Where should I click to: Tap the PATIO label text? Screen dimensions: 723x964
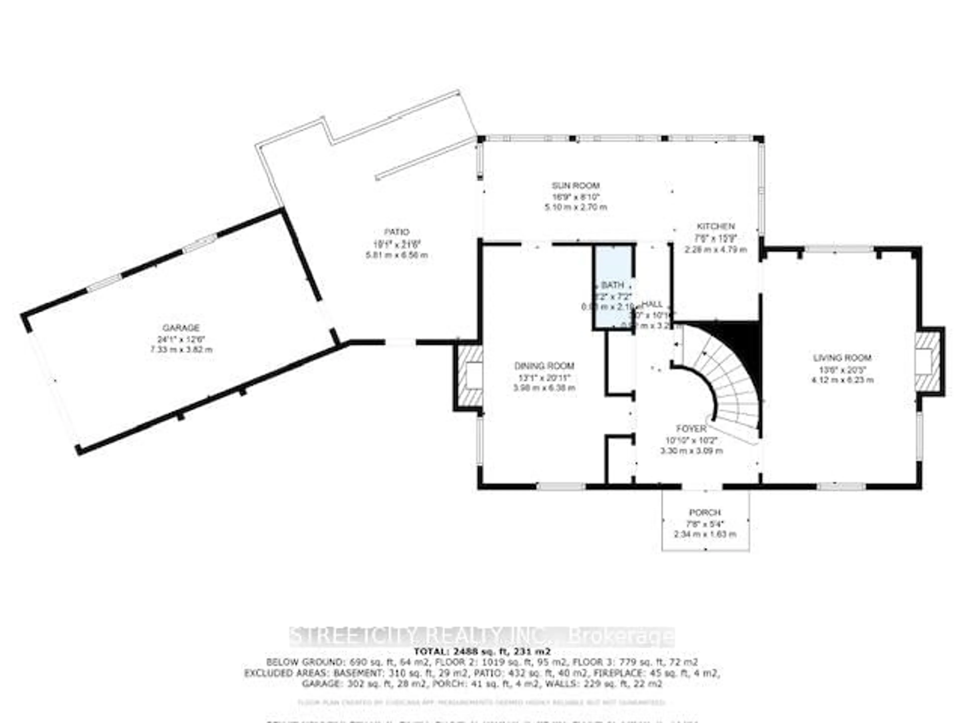(397, 232)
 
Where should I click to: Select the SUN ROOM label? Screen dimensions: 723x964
(576, 186)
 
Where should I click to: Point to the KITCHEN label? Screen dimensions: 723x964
(715, 226)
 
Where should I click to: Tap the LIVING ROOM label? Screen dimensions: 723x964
(842, 358)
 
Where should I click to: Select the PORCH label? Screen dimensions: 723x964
(705, 513)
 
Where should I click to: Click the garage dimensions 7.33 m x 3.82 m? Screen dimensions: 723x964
(181, 349)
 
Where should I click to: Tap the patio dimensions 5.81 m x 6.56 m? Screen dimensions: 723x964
(397, 255)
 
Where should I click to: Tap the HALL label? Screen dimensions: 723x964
(652, 304)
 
